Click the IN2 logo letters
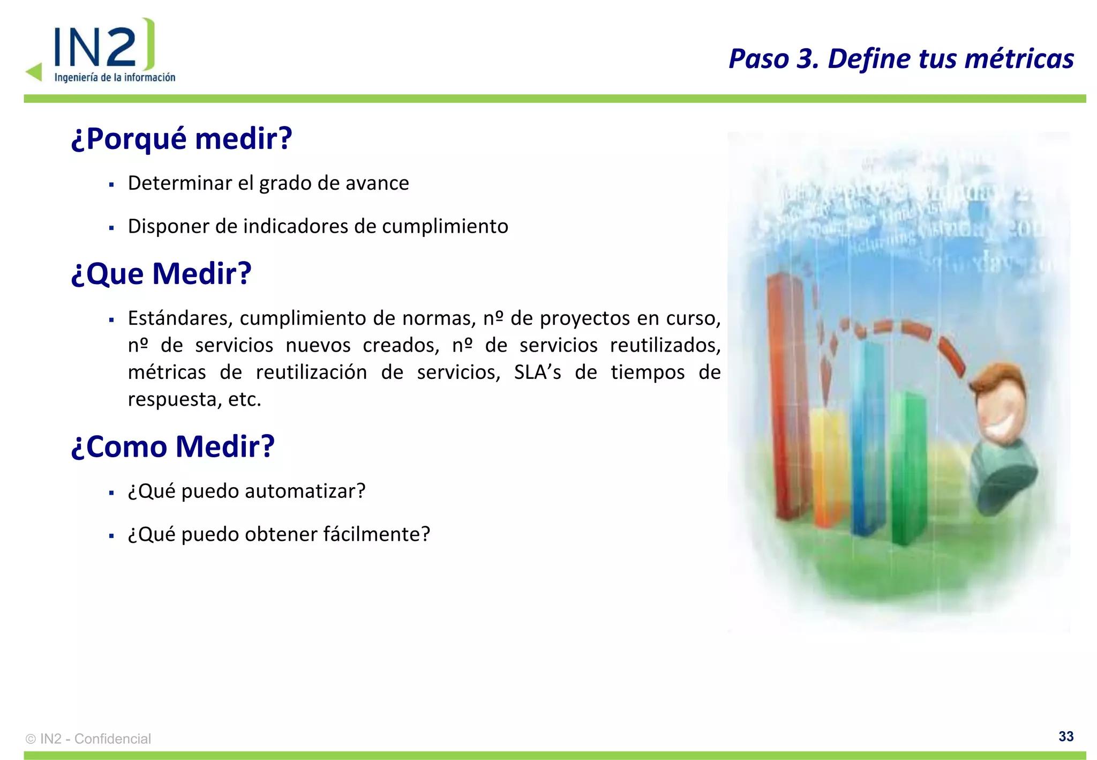pyautogui.click(x=96, y=47)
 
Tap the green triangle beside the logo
pyautogui.click(x=34, y=72)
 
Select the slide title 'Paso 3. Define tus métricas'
pyautogui.click(x=901, y=58)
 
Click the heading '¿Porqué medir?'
pyautogui.click(x=182, y=138)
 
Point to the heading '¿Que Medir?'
pyautogui.click(x=161, y=273)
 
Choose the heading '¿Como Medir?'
pyautogui.click(x=172, y=446)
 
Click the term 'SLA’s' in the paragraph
pyautogui.click(x=537, y=372)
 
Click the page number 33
pyautogui.click(x=1065, y=736)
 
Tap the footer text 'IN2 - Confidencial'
pyautogui.click(x=95, y=739)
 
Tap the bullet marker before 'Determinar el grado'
pyautogui.click(x=111, y=185)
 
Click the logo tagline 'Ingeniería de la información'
pyautogui.click(x=115, y=78)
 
